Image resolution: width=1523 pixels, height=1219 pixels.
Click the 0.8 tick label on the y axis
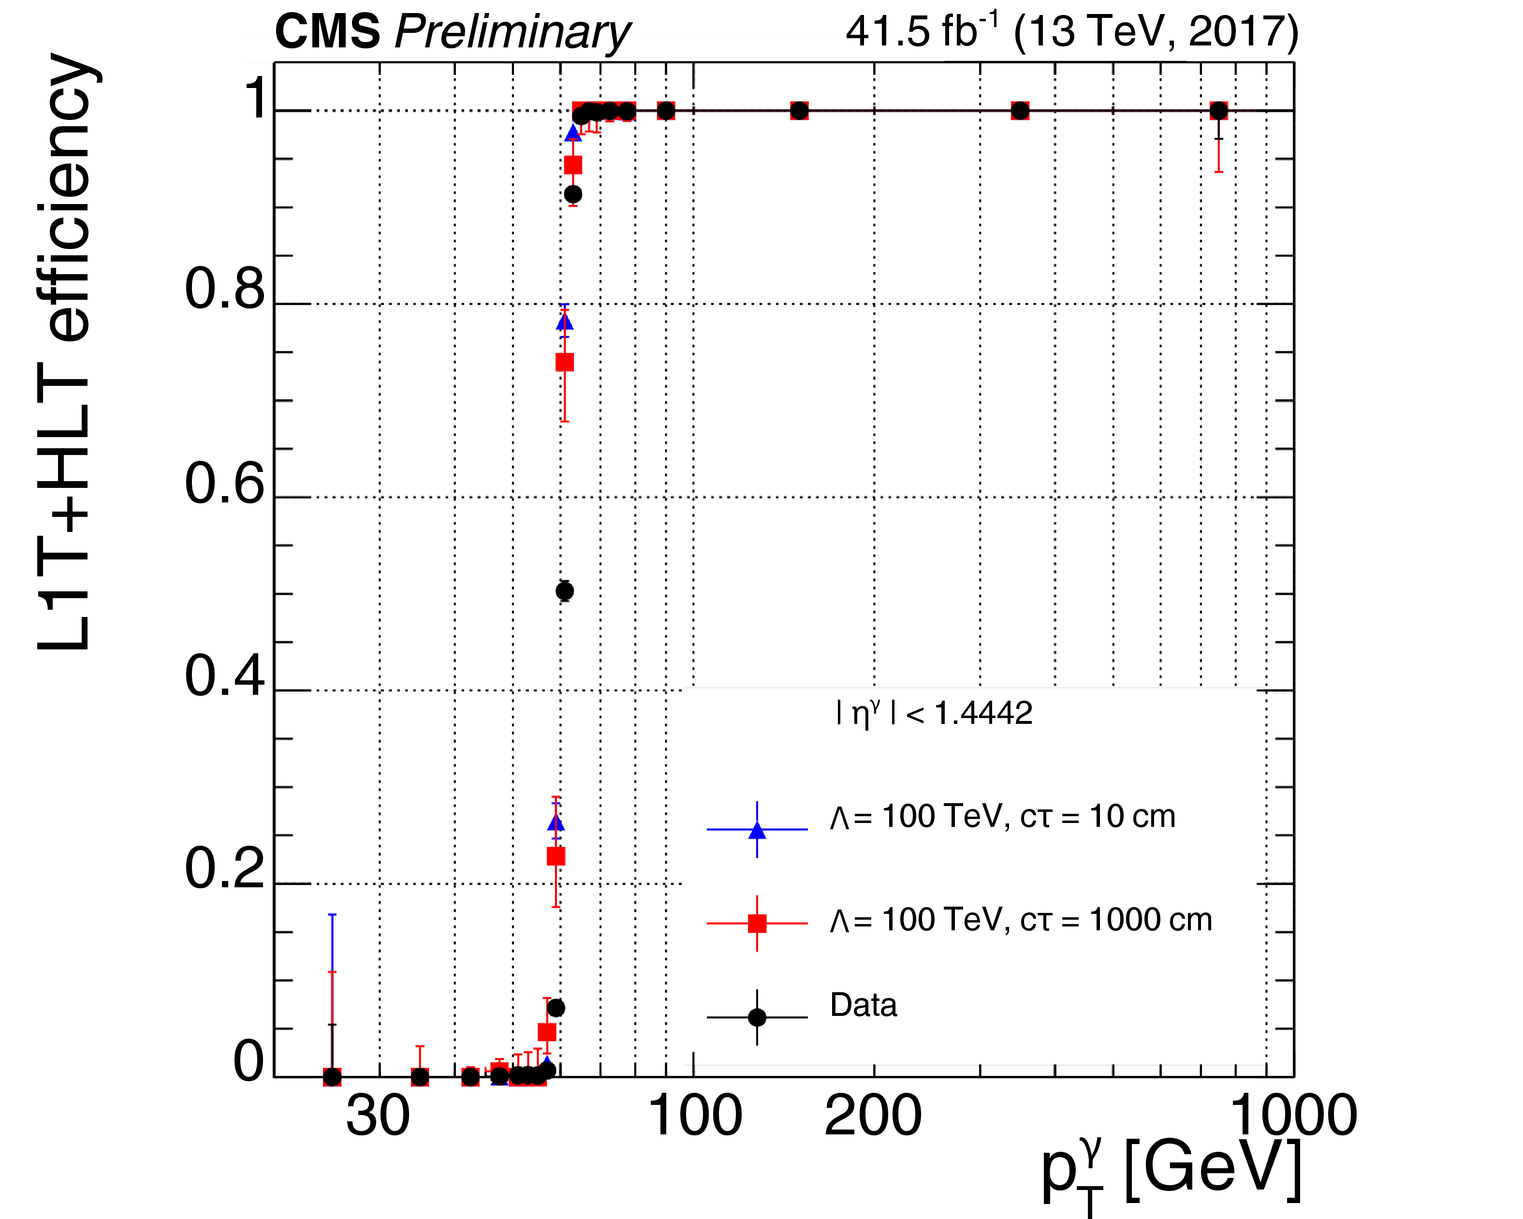(225, 289)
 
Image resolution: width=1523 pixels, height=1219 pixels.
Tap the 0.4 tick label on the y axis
(225, 676)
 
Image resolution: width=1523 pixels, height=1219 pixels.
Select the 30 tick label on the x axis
(378, 1116)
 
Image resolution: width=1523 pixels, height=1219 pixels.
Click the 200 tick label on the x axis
(873, 1116)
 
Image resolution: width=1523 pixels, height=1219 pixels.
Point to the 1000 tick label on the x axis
(1294, 1116)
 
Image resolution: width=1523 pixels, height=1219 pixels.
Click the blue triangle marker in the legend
(757, 830)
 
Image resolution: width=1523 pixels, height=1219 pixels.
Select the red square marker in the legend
(757, 923)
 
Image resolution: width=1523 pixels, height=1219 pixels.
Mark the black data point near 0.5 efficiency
(564, 591)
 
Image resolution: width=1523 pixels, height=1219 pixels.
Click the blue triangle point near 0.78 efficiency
(564, 322)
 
